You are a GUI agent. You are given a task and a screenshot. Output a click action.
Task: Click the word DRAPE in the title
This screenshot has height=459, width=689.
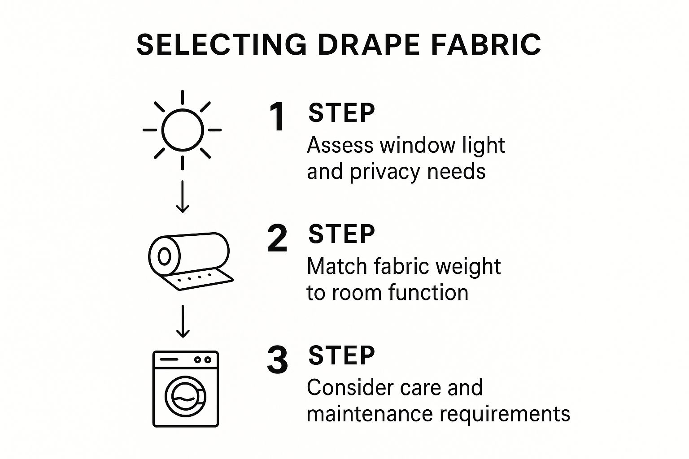pos(369,44)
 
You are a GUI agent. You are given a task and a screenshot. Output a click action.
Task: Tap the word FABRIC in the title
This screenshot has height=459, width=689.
pos(486,44)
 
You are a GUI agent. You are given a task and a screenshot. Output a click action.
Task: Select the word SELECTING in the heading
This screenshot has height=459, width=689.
pos(222,44)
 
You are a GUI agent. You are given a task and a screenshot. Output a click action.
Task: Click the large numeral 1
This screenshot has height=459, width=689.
pos(277,117)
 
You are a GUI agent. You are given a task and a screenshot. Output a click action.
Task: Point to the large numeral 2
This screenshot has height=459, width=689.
pos(277,238)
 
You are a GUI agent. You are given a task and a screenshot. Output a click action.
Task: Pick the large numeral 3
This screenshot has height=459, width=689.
pos(277,359)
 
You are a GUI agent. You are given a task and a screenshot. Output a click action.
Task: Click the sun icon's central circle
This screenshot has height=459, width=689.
pos(183,110)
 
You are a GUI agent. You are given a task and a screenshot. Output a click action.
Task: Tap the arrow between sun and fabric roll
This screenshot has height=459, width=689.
pos(183,196)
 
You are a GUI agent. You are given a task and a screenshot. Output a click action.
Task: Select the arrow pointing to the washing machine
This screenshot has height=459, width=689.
pos(183,321)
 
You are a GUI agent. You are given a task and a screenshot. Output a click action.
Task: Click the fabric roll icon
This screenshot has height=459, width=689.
pos(191,261)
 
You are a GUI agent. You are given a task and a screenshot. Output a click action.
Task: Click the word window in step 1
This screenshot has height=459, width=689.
pos(418,145)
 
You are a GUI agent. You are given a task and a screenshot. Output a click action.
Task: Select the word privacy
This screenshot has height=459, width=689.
pos(385,172)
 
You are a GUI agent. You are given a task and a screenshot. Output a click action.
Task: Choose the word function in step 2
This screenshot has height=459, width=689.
pos(428,292)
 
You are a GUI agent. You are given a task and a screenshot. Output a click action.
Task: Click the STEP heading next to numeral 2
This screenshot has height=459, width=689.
pos(341,234)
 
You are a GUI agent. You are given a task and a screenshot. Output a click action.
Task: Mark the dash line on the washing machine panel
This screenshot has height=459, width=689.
pos(169,359)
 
